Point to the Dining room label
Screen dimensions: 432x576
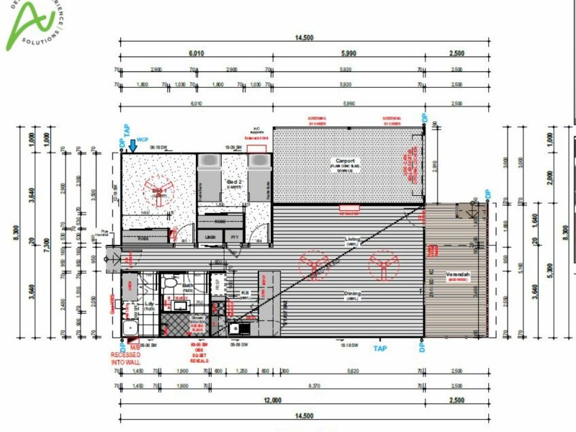pos(353,293)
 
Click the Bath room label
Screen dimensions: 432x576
pos(188,286)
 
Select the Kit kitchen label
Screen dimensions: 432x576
pos(245,293)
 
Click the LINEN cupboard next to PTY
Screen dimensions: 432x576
pos(210,236)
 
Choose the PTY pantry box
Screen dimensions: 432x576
pos(233,236)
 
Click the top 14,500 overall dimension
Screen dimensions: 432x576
pos(304,37)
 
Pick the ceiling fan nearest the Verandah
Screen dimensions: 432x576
pos(382,264)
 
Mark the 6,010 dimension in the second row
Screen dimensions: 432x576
pos(197,53)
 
